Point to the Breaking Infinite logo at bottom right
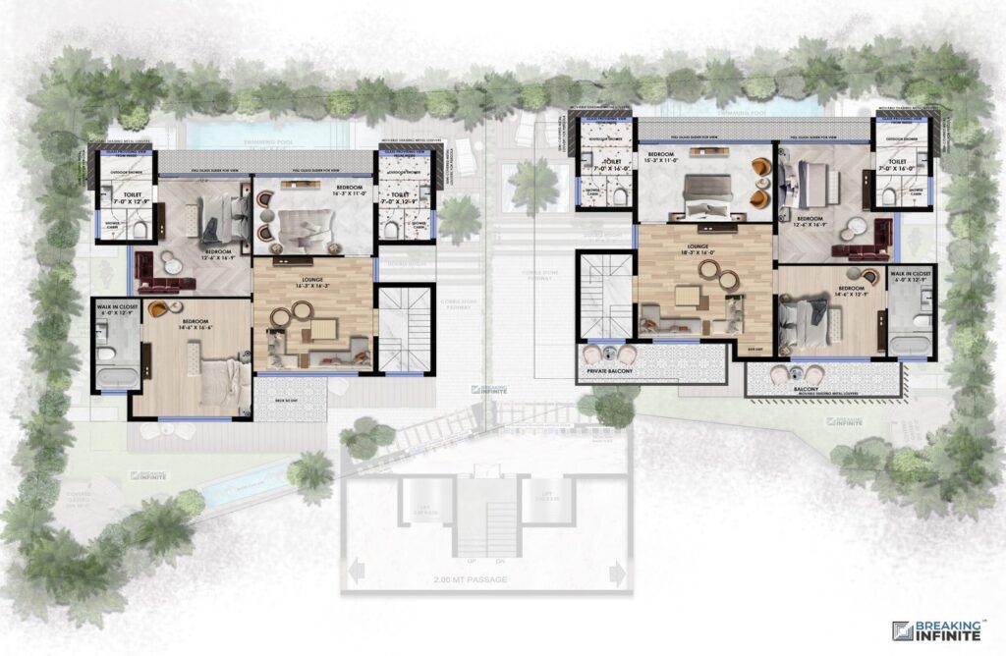(935, 630)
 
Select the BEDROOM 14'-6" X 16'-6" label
(192, 323)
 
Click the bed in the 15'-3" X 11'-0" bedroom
(706, 191)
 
